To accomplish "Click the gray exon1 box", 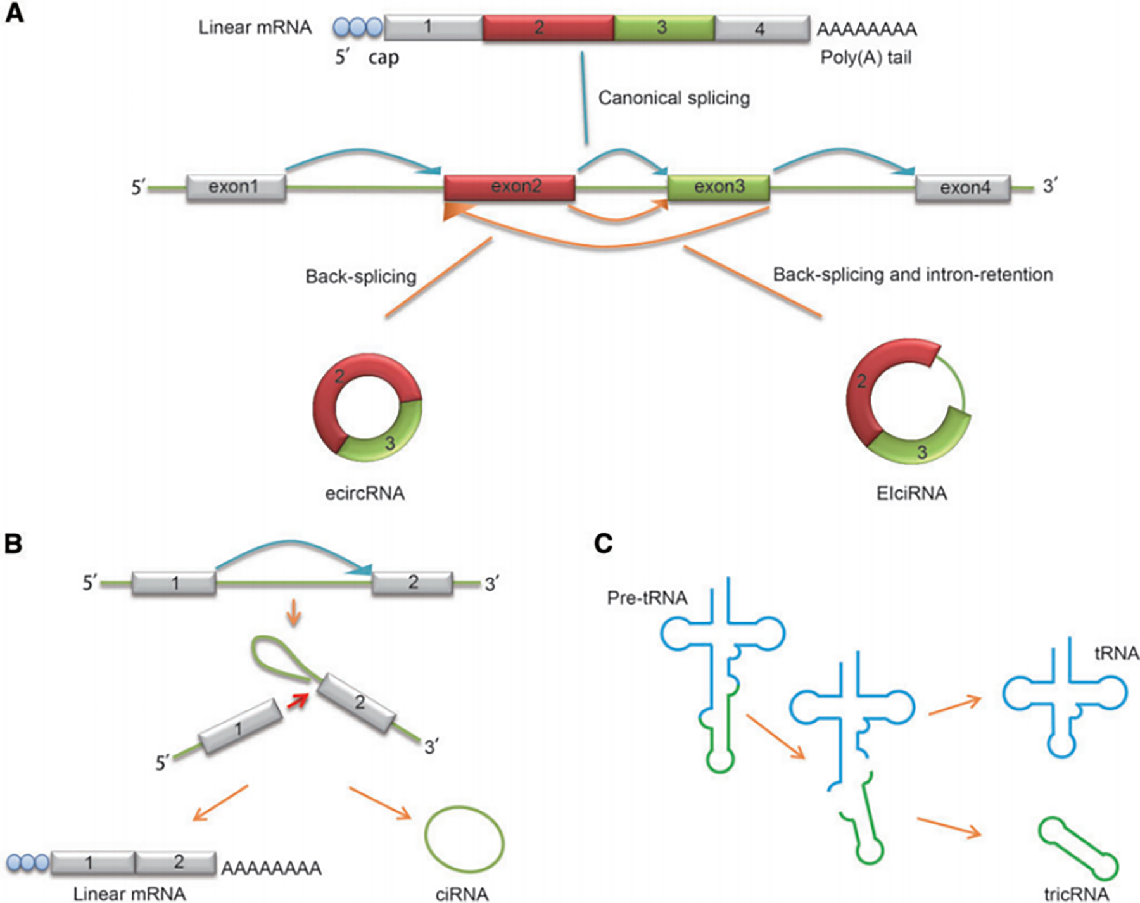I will (x=236, y=187).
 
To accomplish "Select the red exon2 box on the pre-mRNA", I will (x=510, y=187).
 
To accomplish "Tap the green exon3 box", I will (x=719, y=187).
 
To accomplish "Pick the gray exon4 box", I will (x=963, y=188).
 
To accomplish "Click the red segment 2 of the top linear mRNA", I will (x=548, y=28).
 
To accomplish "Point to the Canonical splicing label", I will (x=674, y=98).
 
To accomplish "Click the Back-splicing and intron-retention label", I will (x=913, y=275).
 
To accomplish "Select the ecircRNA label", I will (x=365, y=493).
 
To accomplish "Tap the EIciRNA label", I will (x=911, y=493).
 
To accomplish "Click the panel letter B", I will (x=13, y=544).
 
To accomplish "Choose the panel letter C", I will (x=604, y=543).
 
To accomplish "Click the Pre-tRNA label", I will (x=647, y=598).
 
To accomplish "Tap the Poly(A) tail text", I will (x=866, y=58).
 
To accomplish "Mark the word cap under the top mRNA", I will (x=384, y=58).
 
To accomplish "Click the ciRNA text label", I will (x=462, y=894).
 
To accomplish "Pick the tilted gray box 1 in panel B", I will (x=241, y=726).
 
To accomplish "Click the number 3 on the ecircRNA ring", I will (x=390, y=443).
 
